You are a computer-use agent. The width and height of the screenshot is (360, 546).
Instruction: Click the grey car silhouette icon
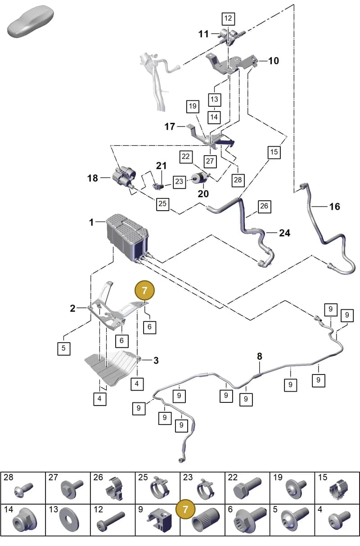coord(31,22)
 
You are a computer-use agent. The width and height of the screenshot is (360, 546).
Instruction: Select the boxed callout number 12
coord(228,19)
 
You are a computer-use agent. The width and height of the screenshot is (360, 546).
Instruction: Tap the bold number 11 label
coord(203,34)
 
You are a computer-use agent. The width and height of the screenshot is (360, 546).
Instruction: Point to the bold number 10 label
coord(274,61)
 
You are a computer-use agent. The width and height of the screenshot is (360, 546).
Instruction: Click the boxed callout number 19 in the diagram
coord(193,106)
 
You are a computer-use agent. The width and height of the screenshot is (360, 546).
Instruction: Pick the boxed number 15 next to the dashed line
coord(274,152)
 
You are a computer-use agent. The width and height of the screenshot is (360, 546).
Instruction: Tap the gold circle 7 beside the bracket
coord(144,290)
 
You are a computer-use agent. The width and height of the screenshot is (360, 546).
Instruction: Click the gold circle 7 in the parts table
coord(185,509)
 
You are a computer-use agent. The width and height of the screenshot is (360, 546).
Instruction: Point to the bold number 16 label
coord(334,207)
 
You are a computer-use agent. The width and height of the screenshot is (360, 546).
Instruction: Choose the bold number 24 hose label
coord(285,233)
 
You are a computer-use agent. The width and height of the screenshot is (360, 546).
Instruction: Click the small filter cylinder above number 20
coord(200,178)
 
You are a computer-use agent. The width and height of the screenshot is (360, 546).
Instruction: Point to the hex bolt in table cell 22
coord(247,487)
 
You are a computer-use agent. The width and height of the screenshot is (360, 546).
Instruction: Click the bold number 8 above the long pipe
coord(260,356)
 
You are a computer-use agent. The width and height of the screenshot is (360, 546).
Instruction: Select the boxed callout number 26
coord(264,206)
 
